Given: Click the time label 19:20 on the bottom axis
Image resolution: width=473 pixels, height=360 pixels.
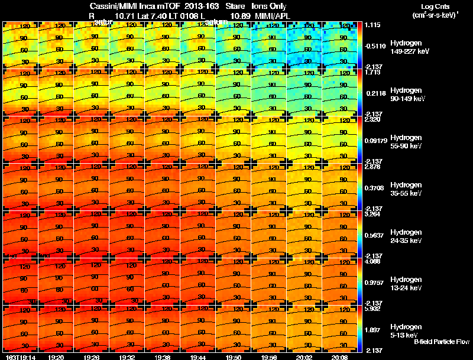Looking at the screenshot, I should (56, 357).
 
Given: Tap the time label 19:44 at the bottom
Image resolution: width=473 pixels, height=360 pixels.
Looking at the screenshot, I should (198, 357).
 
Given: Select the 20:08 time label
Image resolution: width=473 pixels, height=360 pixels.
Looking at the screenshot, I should (340, 357).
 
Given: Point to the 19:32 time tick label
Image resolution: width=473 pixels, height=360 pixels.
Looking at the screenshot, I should (127, 357).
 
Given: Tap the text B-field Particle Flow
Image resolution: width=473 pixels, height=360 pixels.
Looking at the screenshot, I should (441, 342).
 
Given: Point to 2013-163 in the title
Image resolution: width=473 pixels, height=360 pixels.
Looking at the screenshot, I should (196, 5).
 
